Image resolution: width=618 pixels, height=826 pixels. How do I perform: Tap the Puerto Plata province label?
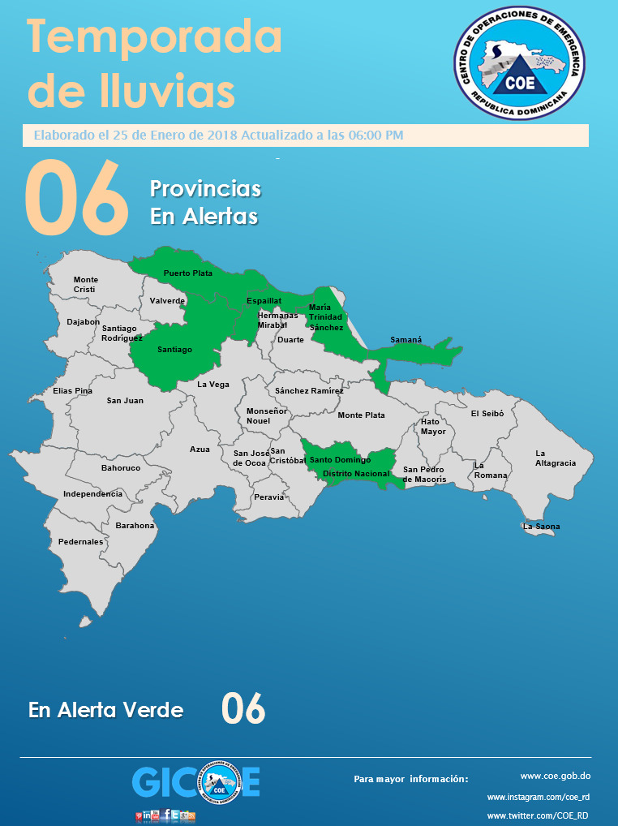pyautogui.click(x=188, y=273)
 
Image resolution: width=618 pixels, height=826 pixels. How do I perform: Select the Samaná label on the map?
pyautogui.click(x=406, y=340)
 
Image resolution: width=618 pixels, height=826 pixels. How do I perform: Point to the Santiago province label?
pyautogui.click(x=174, y=350)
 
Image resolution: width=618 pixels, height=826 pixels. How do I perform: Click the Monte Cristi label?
pyautogui.click(x=85, y=285)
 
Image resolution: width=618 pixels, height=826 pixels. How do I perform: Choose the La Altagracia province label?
pyautogui.click(x=556, y=458)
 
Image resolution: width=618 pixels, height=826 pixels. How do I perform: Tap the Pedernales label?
pyautogui.click(x=80, y=541)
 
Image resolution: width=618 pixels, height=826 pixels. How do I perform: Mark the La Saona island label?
pyautogui.click(x=541, y=527)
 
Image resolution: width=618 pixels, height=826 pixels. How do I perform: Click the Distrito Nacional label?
pyautogui.click(x=356, y=473)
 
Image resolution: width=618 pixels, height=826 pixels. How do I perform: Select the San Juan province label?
pyautogui.click(x=125, y=400)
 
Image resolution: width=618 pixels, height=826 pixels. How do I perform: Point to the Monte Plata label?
pyautogui.click(x=361, y=415)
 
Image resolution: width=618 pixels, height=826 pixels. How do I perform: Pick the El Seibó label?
pyautogui.click(x=487, y=413)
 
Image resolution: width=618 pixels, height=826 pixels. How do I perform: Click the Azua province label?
pyautogui.click(x=200, y=449)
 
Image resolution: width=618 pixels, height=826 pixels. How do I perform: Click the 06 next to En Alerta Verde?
pyautogui.click(x=243, y=709)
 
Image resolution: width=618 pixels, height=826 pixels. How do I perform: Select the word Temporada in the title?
pyautogui.click(x=155, y=39)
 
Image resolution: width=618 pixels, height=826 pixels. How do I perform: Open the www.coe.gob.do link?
pyautogui.click(x=555, y=776)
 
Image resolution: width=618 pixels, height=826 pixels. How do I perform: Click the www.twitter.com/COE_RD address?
pyautogui.click(x=538, y=815)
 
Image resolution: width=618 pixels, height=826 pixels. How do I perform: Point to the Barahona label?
pyautogui.click(x=135, y=525)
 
